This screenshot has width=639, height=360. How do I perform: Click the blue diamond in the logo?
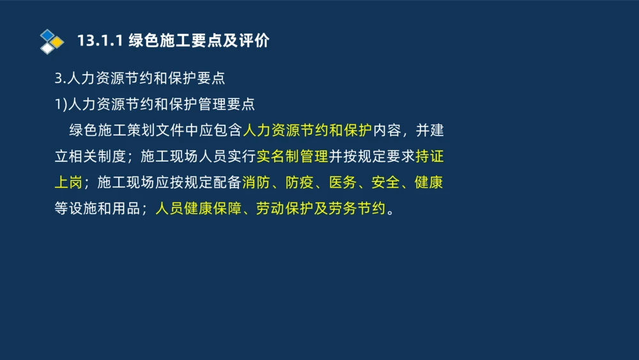point(47,35)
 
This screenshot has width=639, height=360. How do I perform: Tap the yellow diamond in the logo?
point(57,42)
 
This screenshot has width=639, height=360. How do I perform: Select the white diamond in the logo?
point(47,49)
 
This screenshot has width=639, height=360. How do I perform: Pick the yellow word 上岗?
point(68,183)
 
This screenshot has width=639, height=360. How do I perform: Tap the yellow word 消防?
point(256,183)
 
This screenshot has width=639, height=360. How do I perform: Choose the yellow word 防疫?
point(299,183)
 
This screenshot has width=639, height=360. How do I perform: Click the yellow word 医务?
point(343,183)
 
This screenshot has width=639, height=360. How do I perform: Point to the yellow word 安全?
point(385,183)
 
